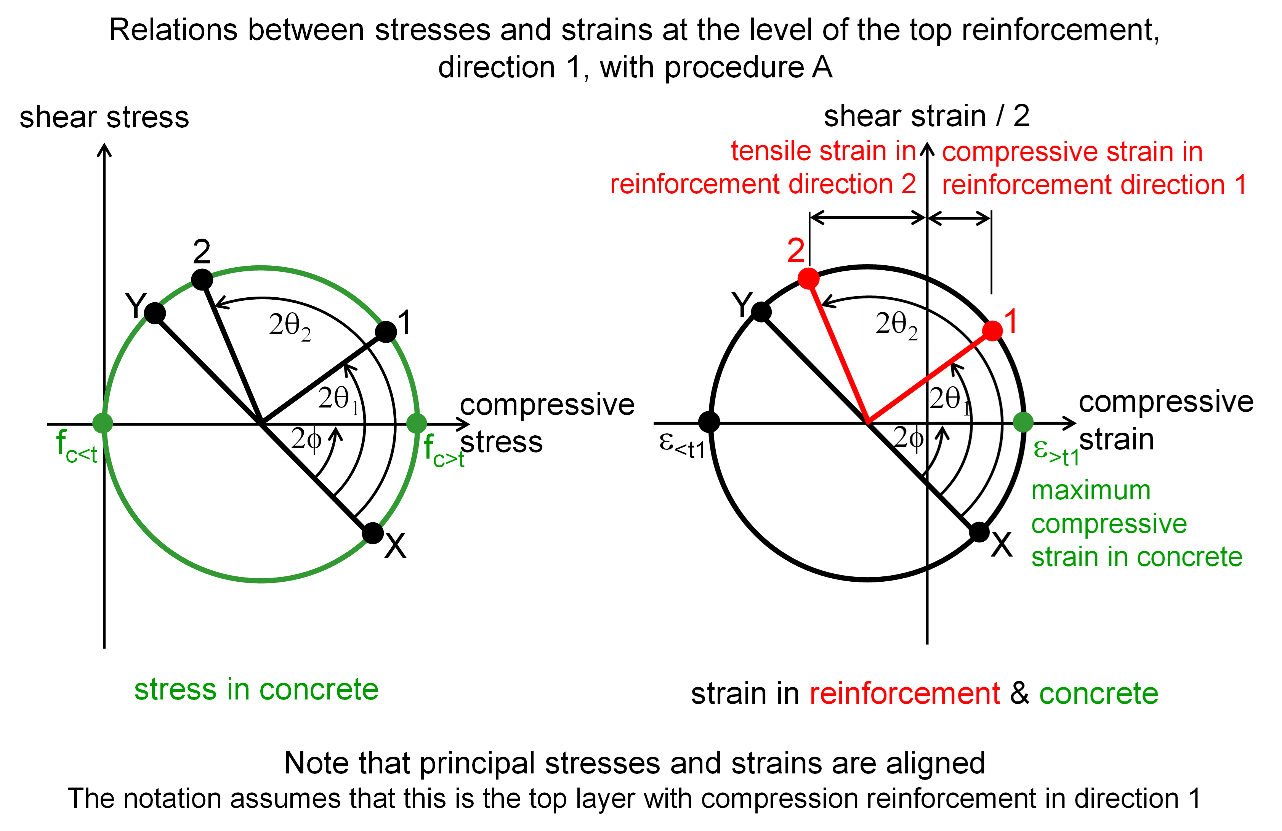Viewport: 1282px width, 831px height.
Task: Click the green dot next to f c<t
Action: tap(103, 423)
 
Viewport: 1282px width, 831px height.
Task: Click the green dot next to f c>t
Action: tap(417, 423)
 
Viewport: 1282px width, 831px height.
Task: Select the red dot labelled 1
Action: tap(992, 331)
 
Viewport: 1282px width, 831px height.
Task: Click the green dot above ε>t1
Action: tap(1023, 422)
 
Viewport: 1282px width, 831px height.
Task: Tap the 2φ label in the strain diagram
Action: tap(909, 438)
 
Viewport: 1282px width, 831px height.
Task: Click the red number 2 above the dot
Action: tap(796, 250)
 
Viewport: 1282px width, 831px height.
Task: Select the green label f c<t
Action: tap(77, 447)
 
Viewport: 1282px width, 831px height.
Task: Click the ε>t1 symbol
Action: tap(1056, 453)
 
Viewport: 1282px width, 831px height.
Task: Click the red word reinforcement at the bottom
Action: tap(905, 693)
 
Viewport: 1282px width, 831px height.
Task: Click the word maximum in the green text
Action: tap(1091, 491)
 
